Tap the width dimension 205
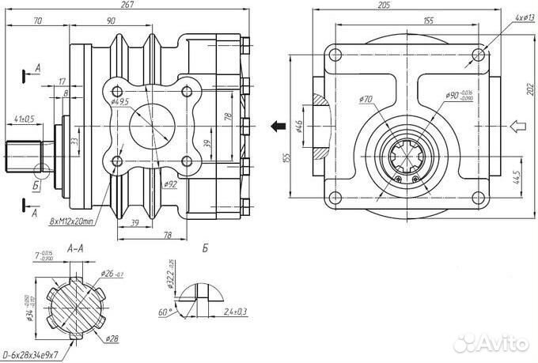(x=406, y=6)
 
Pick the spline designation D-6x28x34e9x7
(x=40, y=354)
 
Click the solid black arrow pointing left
(x=278, y=125)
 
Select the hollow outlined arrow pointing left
(x=517, y=125)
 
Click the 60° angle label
(x=164, y=312)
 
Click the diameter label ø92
(x=170, y=185)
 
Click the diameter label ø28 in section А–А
(x=111, y=338)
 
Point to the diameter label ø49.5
(x=120, y=102)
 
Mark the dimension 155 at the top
(x=428, y=21)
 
